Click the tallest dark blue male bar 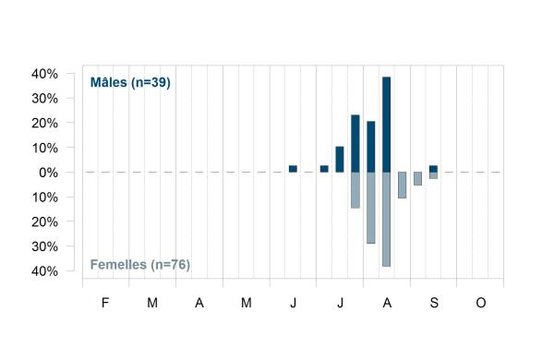(x=387, y=125)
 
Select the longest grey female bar (x=387, y=219)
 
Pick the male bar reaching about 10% (x=340, y=160)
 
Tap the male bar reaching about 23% (x=355, y=143)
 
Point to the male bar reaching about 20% (x=371, y=147)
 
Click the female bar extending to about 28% (x=371, y=208)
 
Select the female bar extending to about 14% (x=355, y=190)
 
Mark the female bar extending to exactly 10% (x=402, y=186)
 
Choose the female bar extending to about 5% (x=417, y=178)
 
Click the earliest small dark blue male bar (x=293, y=169)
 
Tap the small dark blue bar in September (x=434, y=169)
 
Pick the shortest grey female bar (x=434, y=175)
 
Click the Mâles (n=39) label (x=130, y=83)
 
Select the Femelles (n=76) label (x=140, y=265)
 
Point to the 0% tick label (x=48, y=173)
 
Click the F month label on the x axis (x=105, y=303)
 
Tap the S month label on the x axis (x=434, y=303)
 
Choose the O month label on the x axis (x=481, y=303)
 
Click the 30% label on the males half (x=45, y=99)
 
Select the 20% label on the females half (x=45, y=222)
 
